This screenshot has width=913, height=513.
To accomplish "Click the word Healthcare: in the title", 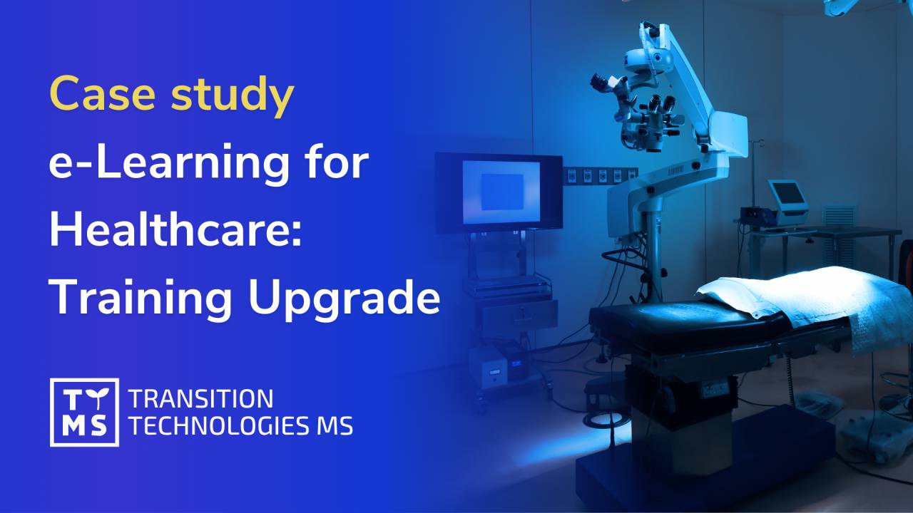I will (175, 232).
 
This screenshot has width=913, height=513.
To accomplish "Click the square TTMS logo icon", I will (84, 413).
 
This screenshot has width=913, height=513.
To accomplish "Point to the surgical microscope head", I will (646, 114).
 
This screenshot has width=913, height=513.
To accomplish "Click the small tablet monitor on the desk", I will (786, 194).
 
